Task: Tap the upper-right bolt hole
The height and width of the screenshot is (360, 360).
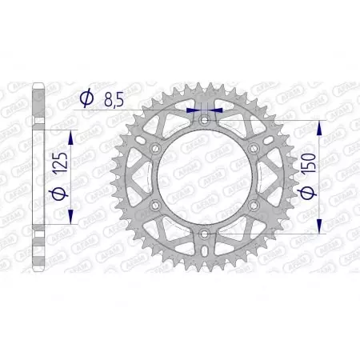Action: (x=254, y=149)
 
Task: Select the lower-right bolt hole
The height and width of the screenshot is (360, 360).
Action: (x=254, y=205)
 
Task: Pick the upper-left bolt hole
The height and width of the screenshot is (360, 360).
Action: (x=157, y=149)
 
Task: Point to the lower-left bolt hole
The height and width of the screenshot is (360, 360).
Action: (x=157, y=205)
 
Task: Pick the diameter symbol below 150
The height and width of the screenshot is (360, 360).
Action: (x=307, y=196)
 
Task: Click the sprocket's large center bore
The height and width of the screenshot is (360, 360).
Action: (x=205, y=177)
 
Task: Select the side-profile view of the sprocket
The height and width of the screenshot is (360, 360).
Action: (x=37, y=177)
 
